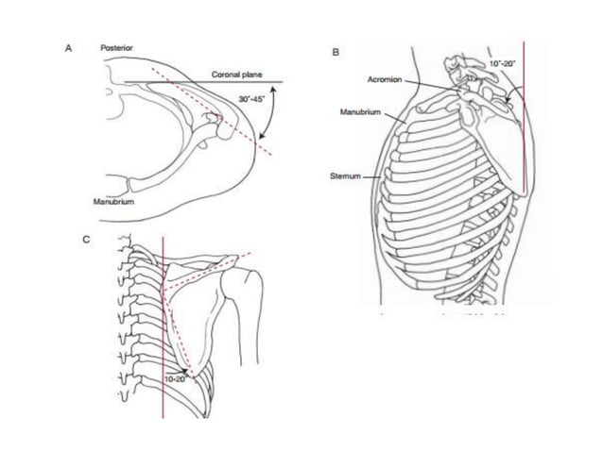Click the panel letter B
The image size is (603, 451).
point(336,54)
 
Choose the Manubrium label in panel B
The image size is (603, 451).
point(360,112)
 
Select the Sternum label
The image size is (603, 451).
point(357,175)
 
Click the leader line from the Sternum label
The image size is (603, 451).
point(382,175)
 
